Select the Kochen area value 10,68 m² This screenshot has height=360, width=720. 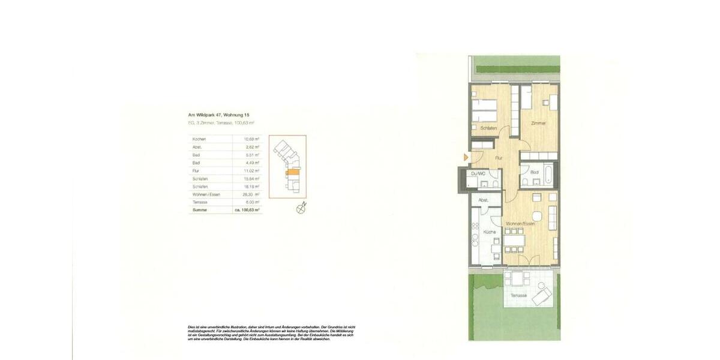click(252, 139)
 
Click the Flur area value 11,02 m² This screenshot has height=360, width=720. click(252, 170)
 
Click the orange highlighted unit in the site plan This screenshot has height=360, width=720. click(291, 172)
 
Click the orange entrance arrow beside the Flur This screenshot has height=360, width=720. click(466, 157)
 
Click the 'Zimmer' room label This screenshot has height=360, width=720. click(538, 124)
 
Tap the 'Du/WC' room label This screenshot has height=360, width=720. click(478, 173)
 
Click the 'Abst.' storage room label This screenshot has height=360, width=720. click(484, 200)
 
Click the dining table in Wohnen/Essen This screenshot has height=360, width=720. click(515, 242)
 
